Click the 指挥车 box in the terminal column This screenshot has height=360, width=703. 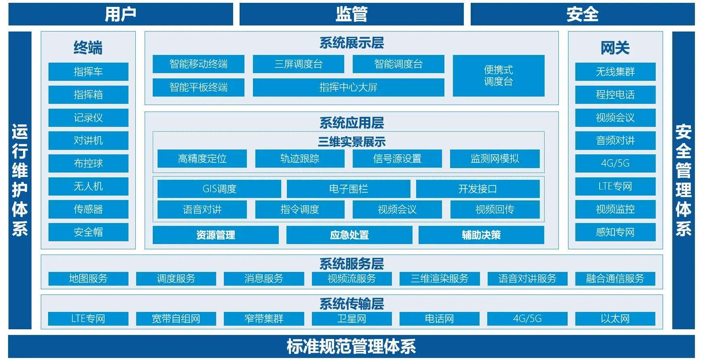click(x=88, y=72)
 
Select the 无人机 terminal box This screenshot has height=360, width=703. click(x=88, y=186)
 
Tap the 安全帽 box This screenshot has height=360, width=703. click(x=88, y=232)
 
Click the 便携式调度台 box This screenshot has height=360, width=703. click(x=499, y=76)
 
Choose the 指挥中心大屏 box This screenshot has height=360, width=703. click(x=348, y=87)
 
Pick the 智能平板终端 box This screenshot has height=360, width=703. click(x=198, y=87)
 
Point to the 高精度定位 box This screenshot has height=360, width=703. click(x=202, y=158)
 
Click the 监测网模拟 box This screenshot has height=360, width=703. click(x=495, y=158)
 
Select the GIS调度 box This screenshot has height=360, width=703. click(x=219, y=189)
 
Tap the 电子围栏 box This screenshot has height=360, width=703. click(x=348, y=189)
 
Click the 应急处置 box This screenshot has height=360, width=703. click(x=349, y=235)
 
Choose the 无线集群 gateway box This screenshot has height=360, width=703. click(x=615, y=72)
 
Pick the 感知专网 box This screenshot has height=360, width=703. click(x=615, y=232)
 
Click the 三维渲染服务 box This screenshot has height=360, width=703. click(x=440, y=278)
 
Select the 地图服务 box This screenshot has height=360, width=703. click(x=88, y=278)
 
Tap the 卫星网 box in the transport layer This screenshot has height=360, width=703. click(x=351, y=318)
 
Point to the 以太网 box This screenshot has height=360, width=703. click(x=615, y=318)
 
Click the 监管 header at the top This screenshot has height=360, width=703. click(x=351, y=14)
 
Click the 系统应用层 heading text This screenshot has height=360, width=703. click(x=351, y=122)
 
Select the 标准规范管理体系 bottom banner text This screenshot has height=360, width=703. click(x=351, y=346)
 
